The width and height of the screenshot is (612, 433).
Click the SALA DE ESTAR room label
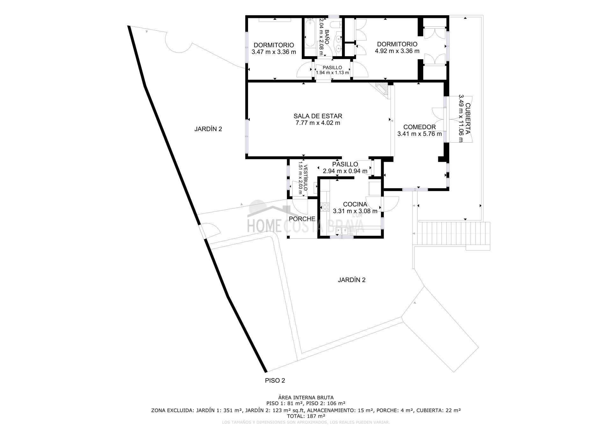(x=318, y=116)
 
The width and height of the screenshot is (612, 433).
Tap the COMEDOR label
(x=419, y=127)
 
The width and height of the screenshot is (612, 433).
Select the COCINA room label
(x=355, y=204)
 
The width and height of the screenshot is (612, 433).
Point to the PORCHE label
(x=302, y=219)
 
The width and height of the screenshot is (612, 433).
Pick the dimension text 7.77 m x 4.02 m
(x=318, y=123)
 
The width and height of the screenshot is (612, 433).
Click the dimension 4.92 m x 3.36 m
(x=397, y=51)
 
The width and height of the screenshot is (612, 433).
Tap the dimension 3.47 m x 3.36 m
(x=274, y=52)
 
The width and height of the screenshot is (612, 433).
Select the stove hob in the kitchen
(x=325, y=207)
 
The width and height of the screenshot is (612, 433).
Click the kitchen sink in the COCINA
(x=341, y=231)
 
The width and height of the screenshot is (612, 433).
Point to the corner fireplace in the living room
(x=381, y=88)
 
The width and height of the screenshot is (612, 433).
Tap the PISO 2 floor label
(x=275, y=380)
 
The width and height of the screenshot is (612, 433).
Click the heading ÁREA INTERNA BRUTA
(x=306, y=398)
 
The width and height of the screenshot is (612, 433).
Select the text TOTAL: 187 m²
(x=306, y=416)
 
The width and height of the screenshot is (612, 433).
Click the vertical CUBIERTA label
(x=468, y=118)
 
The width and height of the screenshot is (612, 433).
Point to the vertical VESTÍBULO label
(x=305, y=178)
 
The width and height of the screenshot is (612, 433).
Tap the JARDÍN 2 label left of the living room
(x=208, y=129)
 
